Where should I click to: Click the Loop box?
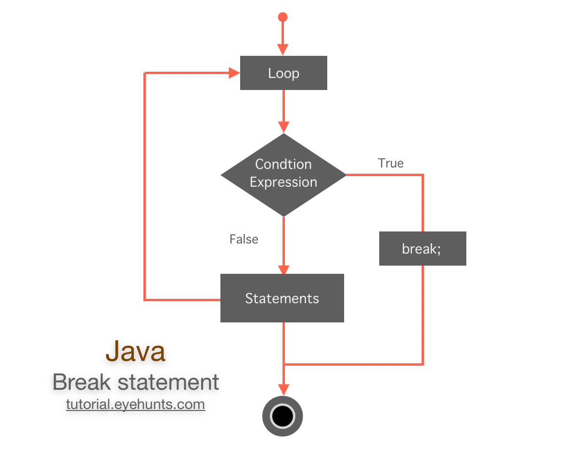click(283, 73)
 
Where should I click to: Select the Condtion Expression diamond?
click(283, 174)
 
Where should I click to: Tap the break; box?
click(422, 249)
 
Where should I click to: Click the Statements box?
click(282, 298)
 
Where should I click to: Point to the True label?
click(391, 164)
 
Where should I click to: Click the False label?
click(244, 240)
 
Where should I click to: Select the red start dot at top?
click(283, 17)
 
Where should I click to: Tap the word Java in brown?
click(135, 351)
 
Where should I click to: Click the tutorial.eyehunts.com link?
click(135, 404)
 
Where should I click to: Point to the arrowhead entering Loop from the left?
click(234, 73)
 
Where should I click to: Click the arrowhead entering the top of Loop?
click(283, 50)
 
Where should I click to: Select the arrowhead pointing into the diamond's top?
click(283, 127)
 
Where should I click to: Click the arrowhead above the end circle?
click(283, 389)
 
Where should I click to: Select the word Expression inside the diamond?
click(283, 182)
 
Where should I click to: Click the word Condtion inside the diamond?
click(283, 165)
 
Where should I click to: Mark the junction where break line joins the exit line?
click(284, 364)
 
